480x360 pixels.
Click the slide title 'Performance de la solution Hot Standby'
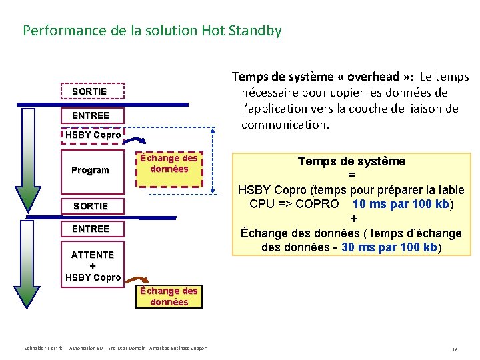click(152, 31)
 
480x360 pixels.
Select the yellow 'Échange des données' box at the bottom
click(169, 296)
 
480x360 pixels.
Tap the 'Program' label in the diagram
click(90, 170)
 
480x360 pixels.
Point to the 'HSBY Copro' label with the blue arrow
click(93, 135)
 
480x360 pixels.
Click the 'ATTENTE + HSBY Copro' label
click(93, 265)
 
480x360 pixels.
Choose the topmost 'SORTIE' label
click(89, 91)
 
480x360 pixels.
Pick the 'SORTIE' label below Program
click(90, 206)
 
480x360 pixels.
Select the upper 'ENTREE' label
click(90, 115)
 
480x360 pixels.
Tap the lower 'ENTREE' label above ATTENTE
click(90, 229)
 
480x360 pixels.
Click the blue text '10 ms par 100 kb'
click(401, 204)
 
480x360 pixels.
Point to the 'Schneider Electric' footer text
click(43, 348)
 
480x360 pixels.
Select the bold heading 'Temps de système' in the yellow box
click(351, 161)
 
